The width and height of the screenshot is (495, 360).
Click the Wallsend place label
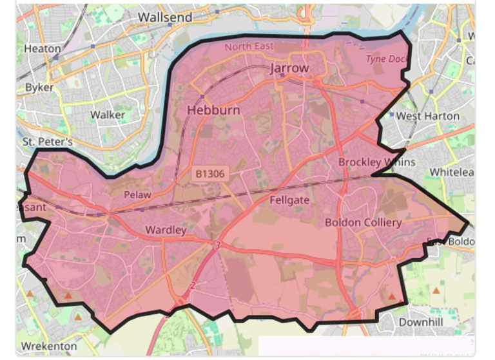tap(166, 17)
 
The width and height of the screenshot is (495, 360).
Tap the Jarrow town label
tap(289, 68)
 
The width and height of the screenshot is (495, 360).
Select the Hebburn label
tap(213, 110)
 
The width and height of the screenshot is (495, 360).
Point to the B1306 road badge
tap(209, 173)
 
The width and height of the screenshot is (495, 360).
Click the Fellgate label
tap(289, 200)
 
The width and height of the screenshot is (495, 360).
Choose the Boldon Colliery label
tap(363, 222)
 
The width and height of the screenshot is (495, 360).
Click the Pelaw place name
tap(137, 194)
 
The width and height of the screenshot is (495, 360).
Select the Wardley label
tap(166, 229)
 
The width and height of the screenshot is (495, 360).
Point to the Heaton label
tap(42, 48)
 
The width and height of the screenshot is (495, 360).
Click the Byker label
tap(39, 87)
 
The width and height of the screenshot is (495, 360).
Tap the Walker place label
tap(108, 115)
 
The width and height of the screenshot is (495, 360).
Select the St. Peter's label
tap(48, 141)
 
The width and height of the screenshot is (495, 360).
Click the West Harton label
tap(427, 116)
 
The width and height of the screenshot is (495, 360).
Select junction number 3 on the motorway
tap(218, 245)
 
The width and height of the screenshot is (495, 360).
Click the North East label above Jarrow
tap(249, 46)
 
